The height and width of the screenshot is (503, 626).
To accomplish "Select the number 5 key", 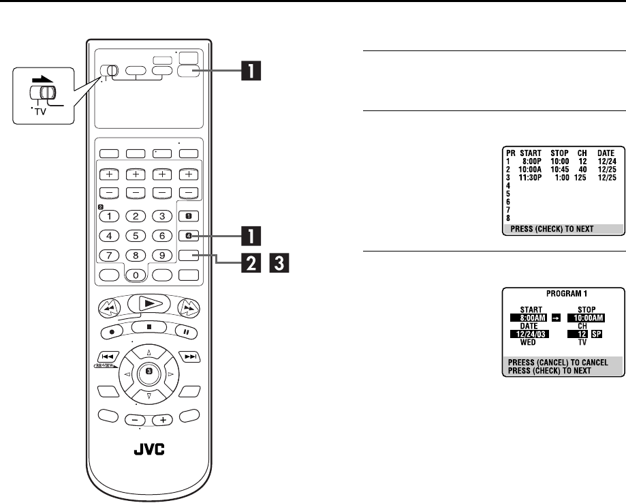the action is (x=137, y=237).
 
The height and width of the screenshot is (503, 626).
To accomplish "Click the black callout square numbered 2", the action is (x=252, y=258).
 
